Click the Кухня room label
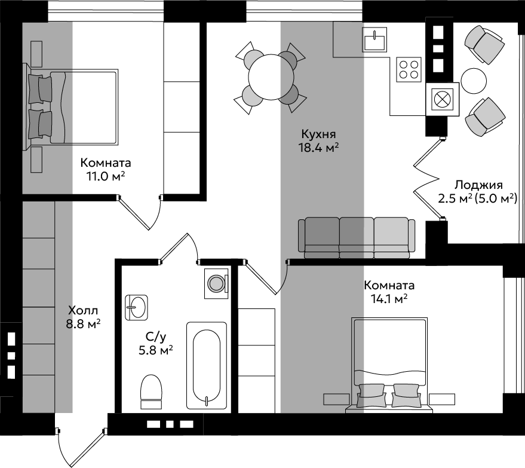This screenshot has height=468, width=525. tap(318, 134)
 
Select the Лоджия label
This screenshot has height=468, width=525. tap(478, 185)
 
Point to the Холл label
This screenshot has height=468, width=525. tap(83, 311)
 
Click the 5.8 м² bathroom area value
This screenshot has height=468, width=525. tap(156, 350)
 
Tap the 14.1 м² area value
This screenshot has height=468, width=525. tap(389, 298)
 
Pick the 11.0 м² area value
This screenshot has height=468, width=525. tap(106, 176)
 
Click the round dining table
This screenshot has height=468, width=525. tap(271, 77)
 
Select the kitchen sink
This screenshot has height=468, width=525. tap(374, 39)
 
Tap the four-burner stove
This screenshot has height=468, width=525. tap(409, 69)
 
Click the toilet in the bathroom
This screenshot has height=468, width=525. tap(151, 391)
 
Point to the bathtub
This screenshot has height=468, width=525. tap(207, 365)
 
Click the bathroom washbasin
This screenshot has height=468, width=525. tap(136, 307)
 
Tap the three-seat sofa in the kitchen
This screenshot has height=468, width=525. tap(357, 238)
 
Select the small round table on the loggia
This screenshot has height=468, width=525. tap(474, 81)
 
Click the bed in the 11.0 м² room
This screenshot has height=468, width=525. tap(70, 107)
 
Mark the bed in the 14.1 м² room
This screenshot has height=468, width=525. tap(390, 365)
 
